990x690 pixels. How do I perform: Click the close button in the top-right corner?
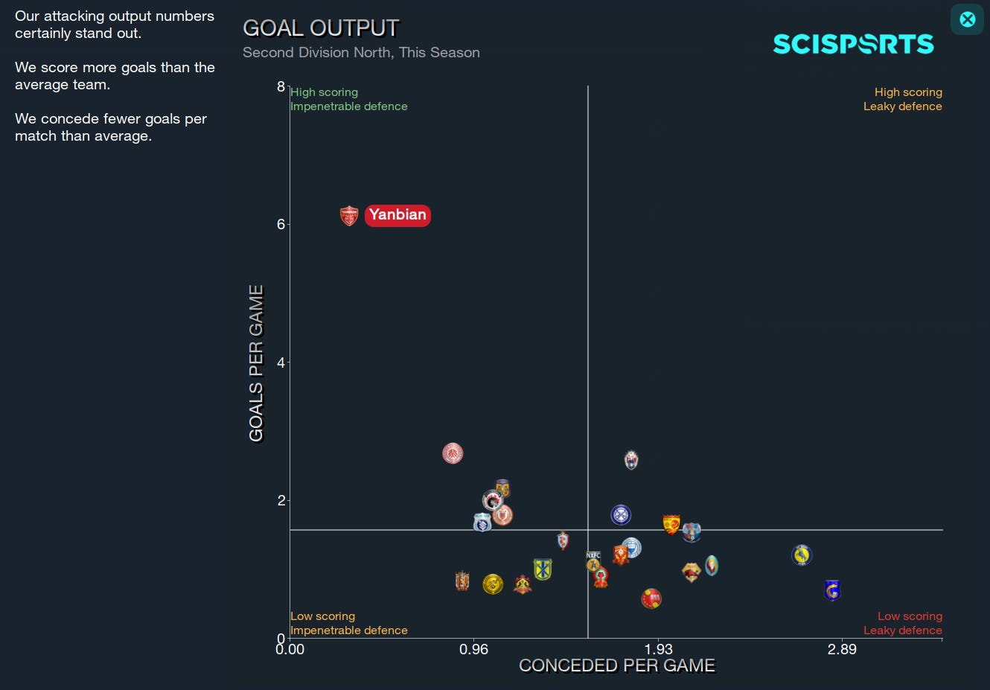coord(967,19)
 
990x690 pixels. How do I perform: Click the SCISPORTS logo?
coord(853,45)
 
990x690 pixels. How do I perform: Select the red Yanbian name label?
coord(397,215)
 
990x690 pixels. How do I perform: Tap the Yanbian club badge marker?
coord(349,216)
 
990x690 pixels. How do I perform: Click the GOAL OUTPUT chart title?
coord(321,28)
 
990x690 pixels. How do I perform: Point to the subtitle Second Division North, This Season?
coord(361,53)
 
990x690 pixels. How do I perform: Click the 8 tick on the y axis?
coord(281,86)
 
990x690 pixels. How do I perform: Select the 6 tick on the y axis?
coord(281,225)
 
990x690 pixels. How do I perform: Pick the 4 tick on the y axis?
coord(281,362)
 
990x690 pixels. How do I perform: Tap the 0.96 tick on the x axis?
coord(473,650)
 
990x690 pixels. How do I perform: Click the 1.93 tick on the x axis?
coord(658,650)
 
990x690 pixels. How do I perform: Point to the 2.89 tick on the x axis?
coord(842,650)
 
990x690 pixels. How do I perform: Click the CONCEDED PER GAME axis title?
coord(616,666)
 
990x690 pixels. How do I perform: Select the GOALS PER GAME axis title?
coord(256,363)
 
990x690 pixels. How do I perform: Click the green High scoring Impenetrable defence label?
coord(348,99)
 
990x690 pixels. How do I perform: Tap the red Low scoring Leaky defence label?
coord(902,623)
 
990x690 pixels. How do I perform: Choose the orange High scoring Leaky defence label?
coord(902,99)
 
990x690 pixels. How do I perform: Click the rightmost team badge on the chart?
coord(832,590)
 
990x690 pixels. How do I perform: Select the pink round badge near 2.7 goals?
coord(453,453)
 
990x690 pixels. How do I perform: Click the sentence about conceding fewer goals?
coord(111,127)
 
